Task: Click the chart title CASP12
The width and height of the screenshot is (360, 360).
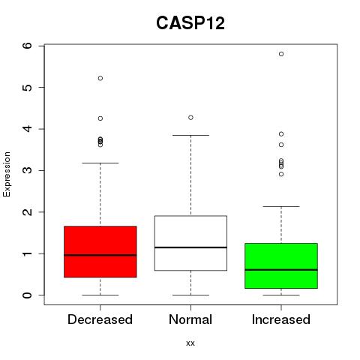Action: coord(190,23)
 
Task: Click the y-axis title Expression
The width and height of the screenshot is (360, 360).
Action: coord(7,174)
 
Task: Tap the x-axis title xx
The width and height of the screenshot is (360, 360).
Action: coord(190,343)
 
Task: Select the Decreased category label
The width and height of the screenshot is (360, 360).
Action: coord(100,319)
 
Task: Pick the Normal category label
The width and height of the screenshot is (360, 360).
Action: coord(190,319)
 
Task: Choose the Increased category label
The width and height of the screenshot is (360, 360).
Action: coord(281,319)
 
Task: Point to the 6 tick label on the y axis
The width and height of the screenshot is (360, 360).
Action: coord(28,46)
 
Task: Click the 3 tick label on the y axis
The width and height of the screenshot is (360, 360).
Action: coord(28,170)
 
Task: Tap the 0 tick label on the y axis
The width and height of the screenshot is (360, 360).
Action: coord(28,295)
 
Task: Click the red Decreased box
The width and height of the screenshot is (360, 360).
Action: coord(100,252)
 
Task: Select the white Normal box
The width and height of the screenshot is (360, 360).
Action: coord(190,243)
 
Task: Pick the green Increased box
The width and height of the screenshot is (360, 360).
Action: coord(281,265)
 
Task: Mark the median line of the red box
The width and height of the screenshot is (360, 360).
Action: coord(100,255)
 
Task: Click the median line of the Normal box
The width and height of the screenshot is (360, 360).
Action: coord(190,247)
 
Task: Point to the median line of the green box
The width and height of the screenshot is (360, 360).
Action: coord(281,270)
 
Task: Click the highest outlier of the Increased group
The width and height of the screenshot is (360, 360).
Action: coord(281,54)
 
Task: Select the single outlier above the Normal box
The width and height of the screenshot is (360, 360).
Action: coord(190,118)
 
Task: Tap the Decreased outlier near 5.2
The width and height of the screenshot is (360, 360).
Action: coord(100,78)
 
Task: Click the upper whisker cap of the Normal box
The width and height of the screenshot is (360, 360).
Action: coord(190,135)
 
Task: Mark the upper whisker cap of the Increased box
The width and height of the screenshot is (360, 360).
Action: coord(281,206)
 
